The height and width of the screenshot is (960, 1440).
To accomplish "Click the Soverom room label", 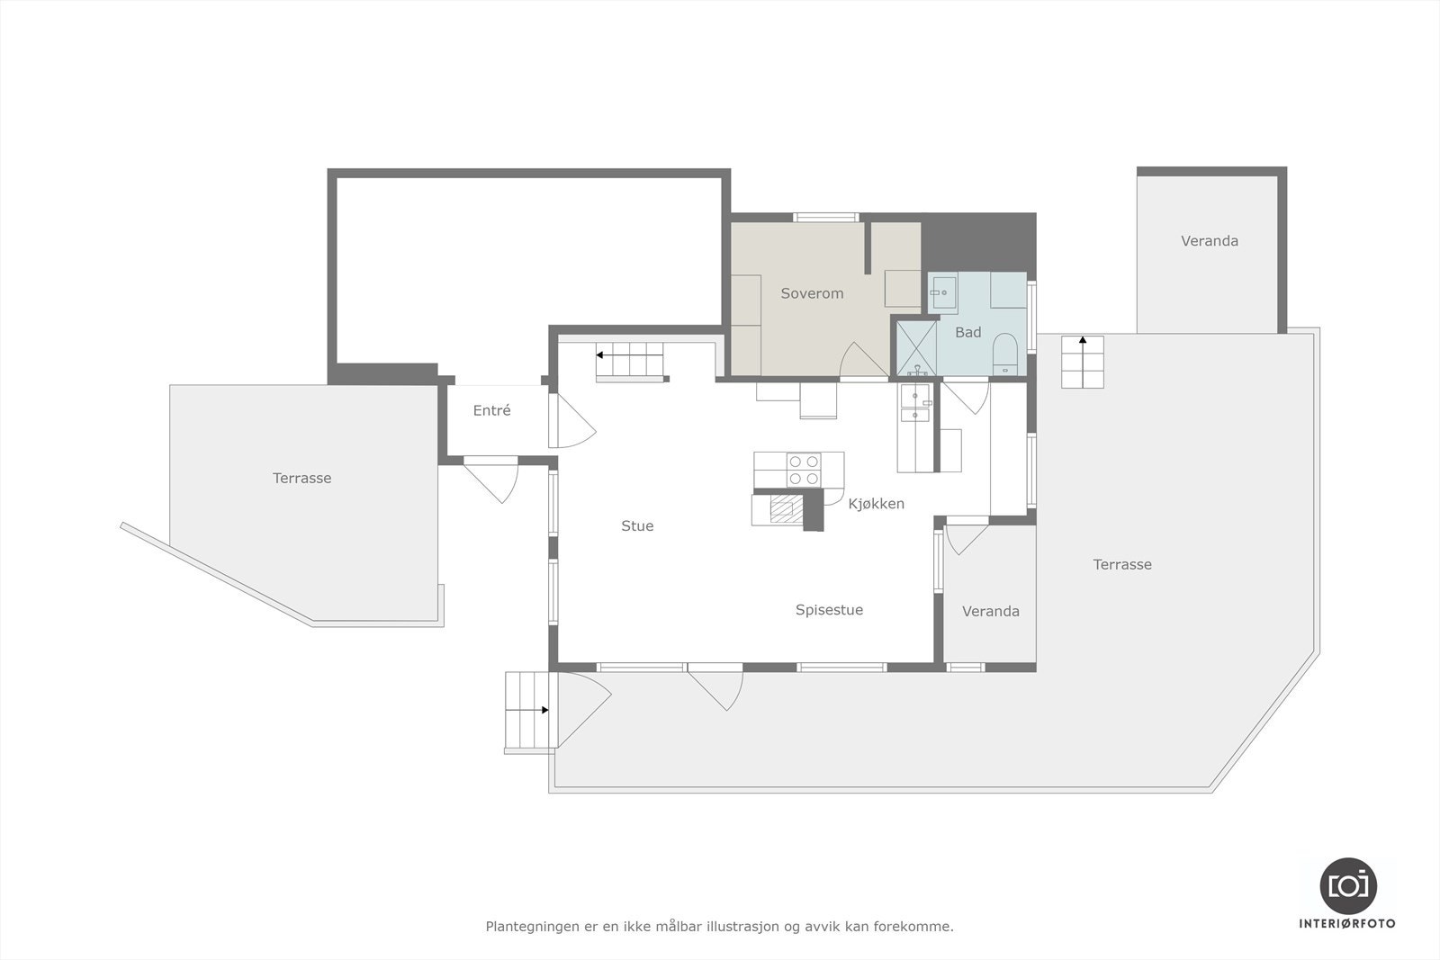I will pyautogui.click(x=812, y=293).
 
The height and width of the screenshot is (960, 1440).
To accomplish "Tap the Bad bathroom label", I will pyautogui.click(x=967, y=333).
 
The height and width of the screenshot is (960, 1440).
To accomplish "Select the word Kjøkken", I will pyautogui.click(x=876, y=504).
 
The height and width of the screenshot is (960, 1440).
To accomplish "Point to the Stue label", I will pyautogui.click(x=637, y=526).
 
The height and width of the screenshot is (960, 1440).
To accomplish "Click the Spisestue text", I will pyautogui.click(x=829, y=610).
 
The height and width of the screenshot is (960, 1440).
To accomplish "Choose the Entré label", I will pyautogui.click(x=491, y=411).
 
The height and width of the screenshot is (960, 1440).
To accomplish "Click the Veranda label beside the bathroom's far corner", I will pyautogui.click(x=1209, y=241).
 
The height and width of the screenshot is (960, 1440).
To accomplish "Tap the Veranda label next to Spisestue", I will pyautogui.click(x=990, y=612).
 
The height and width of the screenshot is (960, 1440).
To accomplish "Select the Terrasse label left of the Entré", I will pyautogui.click(x=301, y=479).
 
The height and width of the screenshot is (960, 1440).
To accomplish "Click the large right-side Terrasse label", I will pyautogui.click(x=1121, y=565).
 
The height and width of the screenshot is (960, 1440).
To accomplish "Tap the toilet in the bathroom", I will pyautogui.click(x=1004, y=353).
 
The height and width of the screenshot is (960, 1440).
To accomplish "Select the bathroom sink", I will pyautogui.click(x=943, y=292).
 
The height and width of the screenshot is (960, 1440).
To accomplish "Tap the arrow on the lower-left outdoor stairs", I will pyautogui.click(x=544, y=710).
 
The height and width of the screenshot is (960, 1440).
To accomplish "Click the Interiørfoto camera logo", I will pyautogui.click(x=1347, y=885).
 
